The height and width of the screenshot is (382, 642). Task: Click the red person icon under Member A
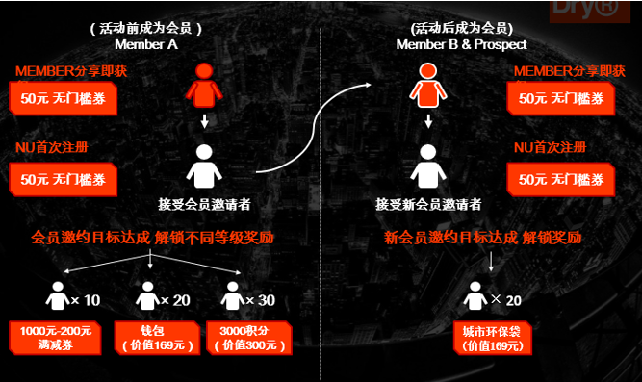pos(202,85)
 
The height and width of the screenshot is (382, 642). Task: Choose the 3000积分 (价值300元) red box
pos(245,337)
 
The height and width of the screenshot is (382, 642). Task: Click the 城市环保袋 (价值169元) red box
pos(490,337)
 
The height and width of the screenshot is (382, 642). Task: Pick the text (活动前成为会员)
pos(145,28)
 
